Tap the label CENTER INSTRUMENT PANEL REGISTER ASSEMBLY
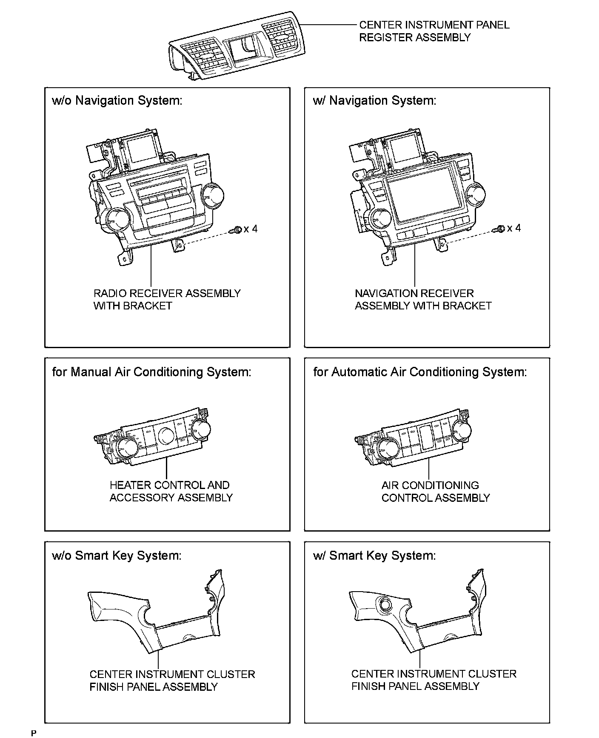tap(434, 31)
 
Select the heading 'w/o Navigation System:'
tap(117, 101)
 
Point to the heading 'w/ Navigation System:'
tap(374, 101)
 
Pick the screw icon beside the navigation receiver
tap(499, 229)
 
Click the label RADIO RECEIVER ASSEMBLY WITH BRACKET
tap(167, 300)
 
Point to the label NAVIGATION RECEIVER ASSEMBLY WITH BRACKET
tap(423, 300)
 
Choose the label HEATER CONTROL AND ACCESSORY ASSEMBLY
tap(171, 491)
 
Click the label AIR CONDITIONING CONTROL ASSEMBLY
tap(435, 492)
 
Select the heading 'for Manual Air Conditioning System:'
tap(151, 372)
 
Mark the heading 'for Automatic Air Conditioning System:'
tap(420, 372)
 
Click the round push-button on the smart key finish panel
tap(386, 604)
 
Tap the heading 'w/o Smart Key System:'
tap(117, 555)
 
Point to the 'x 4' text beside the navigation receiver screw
tap(514, 228)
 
